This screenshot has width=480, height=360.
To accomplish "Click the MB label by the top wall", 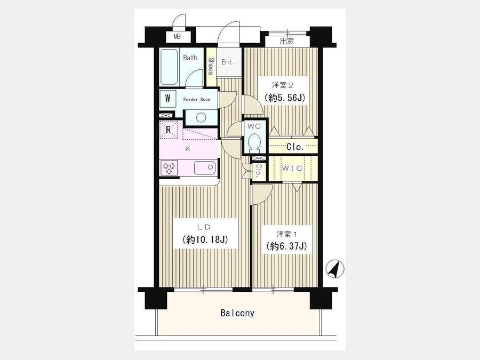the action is (x=177, y=37).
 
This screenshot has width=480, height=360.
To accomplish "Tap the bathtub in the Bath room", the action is (x=169, y=67).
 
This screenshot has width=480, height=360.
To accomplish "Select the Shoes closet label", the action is (x=211, y=66).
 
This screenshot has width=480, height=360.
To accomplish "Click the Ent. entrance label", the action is (x=228, y=62).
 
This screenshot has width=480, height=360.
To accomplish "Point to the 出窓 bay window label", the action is (x=287, y=41).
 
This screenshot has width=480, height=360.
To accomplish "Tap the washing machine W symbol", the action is (x=168, y=99).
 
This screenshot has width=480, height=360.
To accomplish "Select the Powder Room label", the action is (x=196, y=100).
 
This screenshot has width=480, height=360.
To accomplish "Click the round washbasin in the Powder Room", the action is (x=201, y=117).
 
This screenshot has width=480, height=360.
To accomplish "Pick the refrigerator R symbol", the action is (x=168, y=130).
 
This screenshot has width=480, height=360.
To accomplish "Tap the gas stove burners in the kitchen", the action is (x=169, y=168).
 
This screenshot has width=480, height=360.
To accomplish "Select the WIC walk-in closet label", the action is (x=292, y=168).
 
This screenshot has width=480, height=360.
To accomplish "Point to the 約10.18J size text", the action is (x=205, y=239).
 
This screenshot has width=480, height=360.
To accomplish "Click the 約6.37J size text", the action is (x=286, y=246).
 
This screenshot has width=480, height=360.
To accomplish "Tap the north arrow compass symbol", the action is (x=334, y=269).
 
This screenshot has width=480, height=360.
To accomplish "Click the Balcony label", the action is (x=237, y=313).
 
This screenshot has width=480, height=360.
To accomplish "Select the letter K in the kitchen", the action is (x=188, y=149).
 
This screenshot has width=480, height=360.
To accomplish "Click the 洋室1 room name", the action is (x=287, y=234).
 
